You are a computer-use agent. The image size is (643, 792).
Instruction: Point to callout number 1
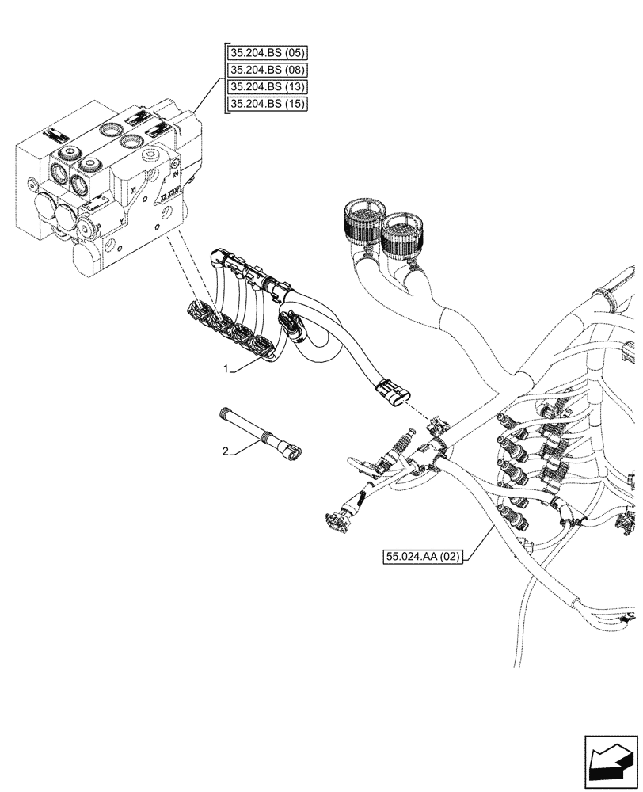(x=226, y=370)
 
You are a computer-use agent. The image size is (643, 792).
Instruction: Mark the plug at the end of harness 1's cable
(x=391, y=392)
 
